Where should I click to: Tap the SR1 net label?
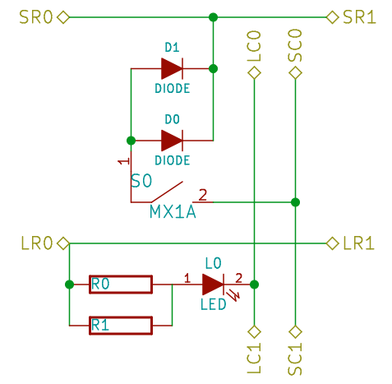click(x=359, y=17)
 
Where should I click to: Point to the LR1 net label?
click(x=359, y=243)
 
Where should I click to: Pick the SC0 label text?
click(x=296, y=46)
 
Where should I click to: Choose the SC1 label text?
click(x=296, y=359)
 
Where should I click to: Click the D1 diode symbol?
click(x=172, y=68)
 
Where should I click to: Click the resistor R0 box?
click(x=120, y=285)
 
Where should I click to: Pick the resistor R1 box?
click(x=120, y=326)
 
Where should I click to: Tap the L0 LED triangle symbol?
click(x=212, y=285)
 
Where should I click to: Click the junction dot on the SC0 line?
click(x=296, y=201)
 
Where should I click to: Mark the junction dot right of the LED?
click(x=254, y=285)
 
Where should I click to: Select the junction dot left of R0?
click(x=68, y=285)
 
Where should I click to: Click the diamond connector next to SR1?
click(x=332, y=16)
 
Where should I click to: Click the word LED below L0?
click(x=213, y=303)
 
